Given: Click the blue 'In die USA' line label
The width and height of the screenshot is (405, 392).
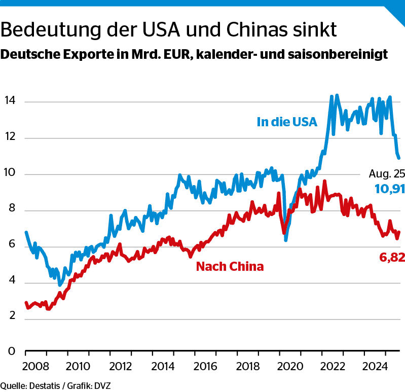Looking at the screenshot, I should click(x=287, y=122).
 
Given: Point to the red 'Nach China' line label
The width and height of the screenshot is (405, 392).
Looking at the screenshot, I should click(x=230, y=266).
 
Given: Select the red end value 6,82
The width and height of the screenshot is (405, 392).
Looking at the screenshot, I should click(x=392, y=258).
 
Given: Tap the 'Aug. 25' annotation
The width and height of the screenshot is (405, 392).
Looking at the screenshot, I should click(x=387, y=174).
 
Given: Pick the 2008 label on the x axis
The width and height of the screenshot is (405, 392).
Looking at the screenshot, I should click(x=35, y=366).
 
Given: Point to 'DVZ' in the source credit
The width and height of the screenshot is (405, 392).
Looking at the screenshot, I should click(x=102, y=386).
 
